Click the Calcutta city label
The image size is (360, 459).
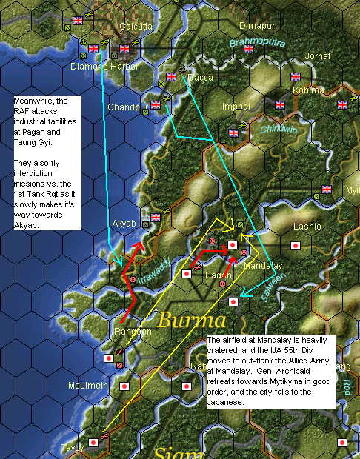point(136,26)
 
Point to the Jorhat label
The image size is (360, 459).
point(318,56)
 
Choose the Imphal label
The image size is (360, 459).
point(236,106)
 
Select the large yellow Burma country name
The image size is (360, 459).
point(190,321)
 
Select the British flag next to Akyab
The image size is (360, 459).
point(156,218)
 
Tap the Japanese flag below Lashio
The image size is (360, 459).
point(296,246)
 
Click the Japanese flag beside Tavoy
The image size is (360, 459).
point(93,443)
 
